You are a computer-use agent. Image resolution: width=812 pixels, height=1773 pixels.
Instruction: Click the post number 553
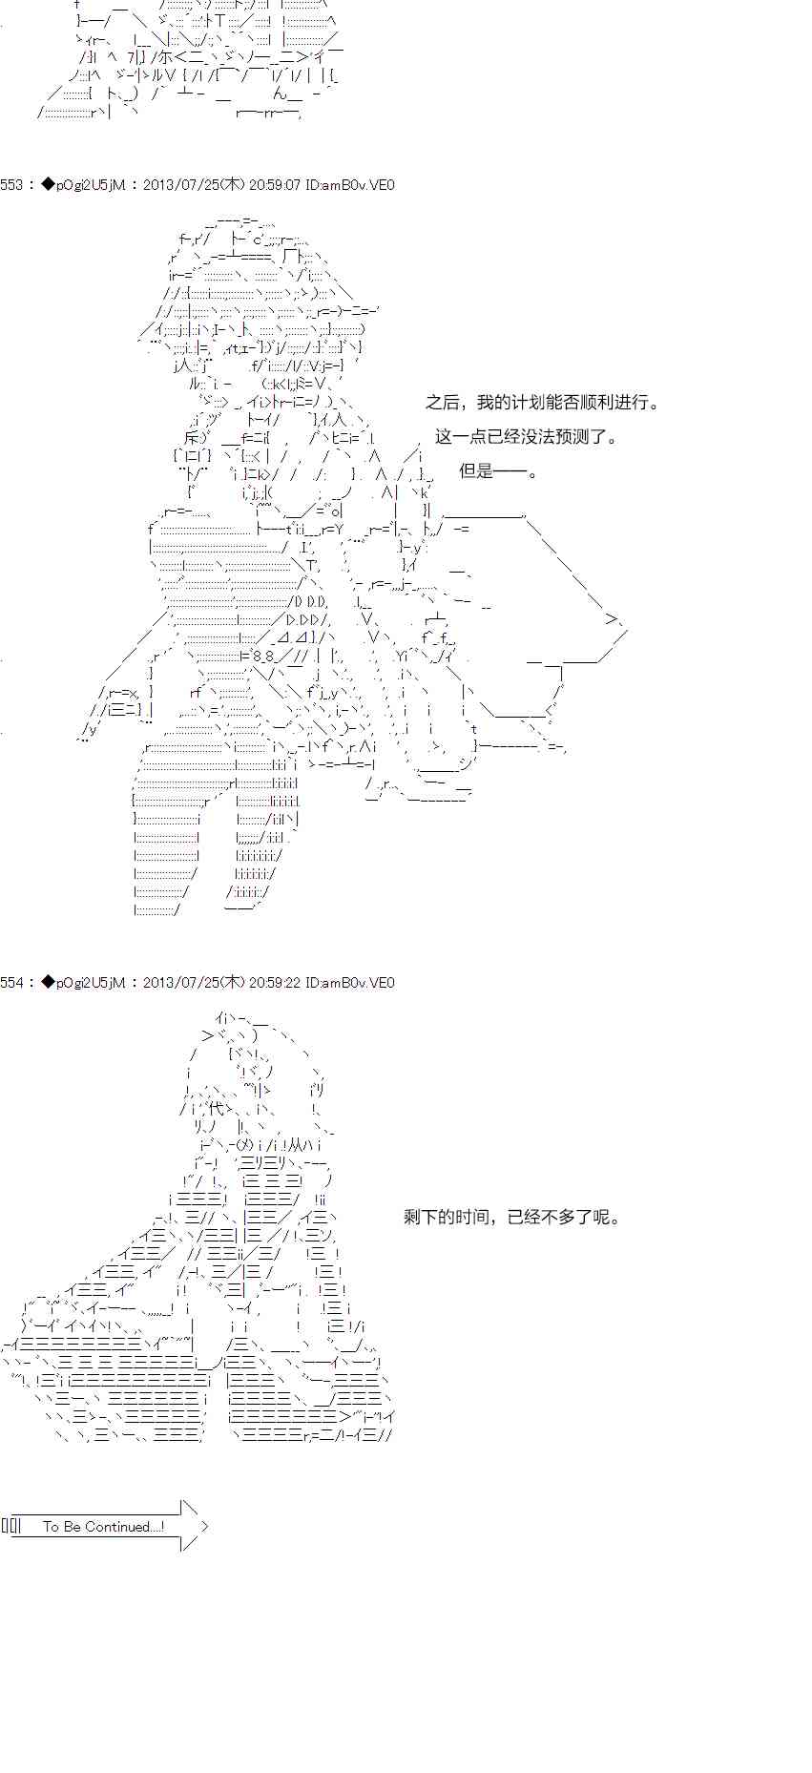(x=11, y=185)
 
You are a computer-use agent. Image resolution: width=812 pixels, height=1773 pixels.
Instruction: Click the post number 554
(x=11, y=983)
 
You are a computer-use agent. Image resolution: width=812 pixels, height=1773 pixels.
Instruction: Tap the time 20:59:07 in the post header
(x=274, y=185)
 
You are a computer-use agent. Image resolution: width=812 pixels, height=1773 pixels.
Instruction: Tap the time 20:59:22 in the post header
(x=274, y=983)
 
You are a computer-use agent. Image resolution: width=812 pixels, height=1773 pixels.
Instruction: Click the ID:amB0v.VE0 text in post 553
(x=350, y=185)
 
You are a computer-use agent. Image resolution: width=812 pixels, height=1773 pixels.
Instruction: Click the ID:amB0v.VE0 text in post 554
(x=350, y=983)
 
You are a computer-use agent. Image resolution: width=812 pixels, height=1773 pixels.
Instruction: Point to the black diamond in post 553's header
(x=49, y=185)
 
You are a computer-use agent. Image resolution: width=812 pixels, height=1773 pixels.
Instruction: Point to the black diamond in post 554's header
(x=49, y=983)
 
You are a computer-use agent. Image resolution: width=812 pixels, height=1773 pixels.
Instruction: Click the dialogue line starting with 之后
(x=542, y=403)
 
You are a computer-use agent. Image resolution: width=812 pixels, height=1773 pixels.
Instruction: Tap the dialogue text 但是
(x=497, y=471)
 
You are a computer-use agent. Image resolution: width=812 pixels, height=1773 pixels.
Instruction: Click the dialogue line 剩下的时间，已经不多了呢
(x=511, y=1218)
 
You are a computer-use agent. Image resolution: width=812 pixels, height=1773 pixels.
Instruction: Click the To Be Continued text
(x=103, y=1527)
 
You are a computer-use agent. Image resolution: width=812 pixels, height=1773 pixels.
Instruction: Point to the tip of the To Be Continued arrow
(x=207, y=1526)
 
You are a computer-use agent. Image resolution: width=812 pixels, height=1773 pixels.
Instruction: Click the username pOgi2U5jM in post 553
(x=91, y=185)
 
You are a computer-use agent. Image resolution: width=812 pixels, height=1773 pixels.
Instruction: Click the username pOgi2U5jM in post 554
(x=91, y=983)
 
